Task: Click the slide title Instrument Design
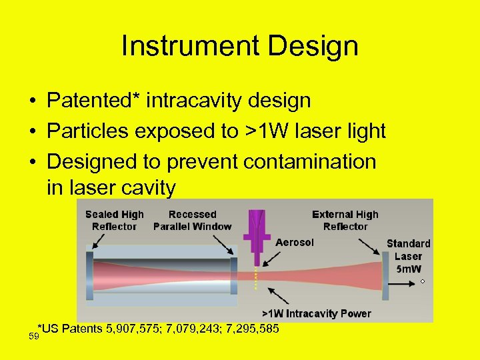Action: (x=240, y=46)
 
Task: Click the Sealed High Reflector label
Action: (x=114, y=221)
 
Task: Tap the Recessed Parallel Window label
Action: (x=192, y=221)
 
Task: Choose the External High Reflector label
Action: (x=345, y=221)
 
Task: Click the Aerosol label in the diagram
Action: (x=294, y=243)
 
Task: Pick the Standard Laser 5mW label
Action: (x=408, y=257)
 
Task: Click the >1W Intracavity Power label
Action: (x=316, y=313)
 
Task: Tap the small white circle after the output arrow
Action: (x=423, y=281)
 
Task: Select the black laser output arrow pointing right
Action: (x=404, y=281)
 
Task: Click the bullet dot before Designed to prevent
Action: (x=32, y=162)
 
